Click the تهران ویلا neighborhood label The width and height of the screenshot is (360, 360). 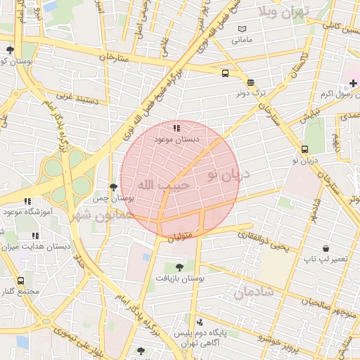pyautogui.click(x=285, y=12)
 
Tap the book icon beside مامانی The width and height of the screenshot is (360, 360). pyautogui.click(x=243, y=29)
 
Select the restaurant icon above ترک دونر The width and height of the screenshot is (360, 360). pyautogui.click(x=251, y=82)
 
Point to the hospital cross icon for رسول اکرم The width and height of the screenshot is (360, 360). pyautogui.click(x=353, y=84)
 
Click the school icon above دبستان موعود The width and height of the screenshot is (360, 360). pyautogui.click(x=176, y=128)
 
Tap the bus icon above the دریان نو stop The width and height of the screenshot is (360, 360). pyautogui.click(x=304, y=149)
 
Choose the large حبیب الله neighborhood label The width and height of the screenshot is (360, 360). pyautogui.click(x=163, y=185)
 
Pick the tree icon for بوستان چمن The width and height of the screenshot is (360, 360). pyautogui.click(x=113, y=187)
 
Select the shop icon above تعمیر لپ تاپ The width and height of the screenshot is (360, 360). pyautogui.click(x=326, y=248)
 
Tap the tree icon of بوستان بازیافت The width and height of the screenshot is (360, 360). pyautogui.click(x=179, y=267)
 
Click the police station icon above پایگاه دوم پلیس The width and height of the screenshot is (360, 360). pyautogui.click(x=200, y=321)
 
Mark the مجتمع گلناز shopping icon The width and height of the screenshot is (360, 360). pyautogui.click(x=20, y=281)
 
